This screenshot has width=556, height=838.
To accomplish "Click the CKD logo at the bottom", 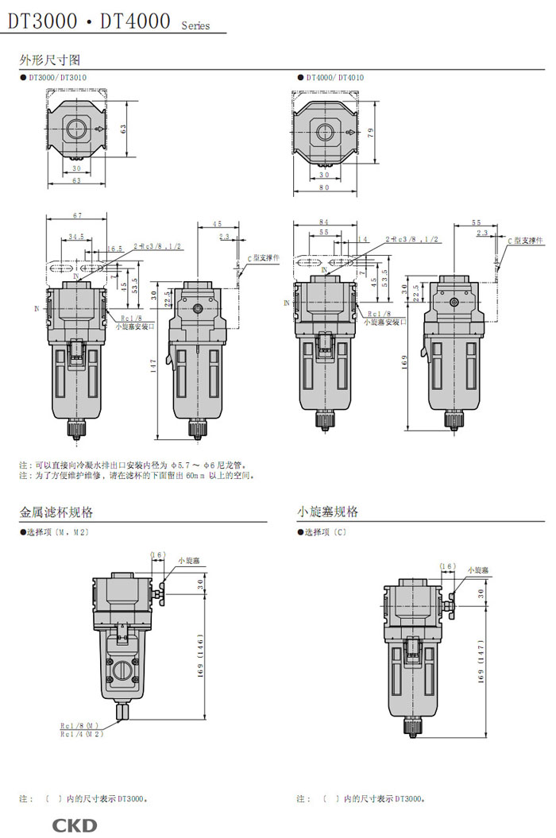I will pyautogui.click(x=75, y=825).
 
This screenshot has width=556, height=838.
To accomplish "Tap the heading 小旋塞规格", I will pyautogui.click(x=327, y=512).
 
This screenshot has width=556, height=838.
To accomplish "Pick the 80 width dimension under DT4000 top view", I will pyautogui.click(x=324, y=188).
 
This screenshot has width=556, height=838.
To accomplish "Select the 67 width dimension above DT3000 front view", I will pyautogui.click(x=77, y=216).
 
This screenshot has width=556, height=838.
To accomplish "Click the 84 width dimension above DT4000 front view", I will pyautogui.click(x=324, y=222).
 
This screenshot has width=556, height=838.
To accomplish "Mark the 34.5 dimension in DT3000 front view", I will pyautogui.click(x=76, y=237).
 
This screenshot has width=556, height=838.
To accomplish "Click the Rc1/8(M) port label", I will pyautogui.click(x=79, y=726).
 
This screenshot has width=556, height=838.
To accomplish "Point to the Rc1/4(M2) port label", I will pyautogui.click(x=82, y=735).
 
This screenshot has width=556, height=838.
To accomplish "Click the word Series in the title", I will pyautogui.click(x=195, y=26).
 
